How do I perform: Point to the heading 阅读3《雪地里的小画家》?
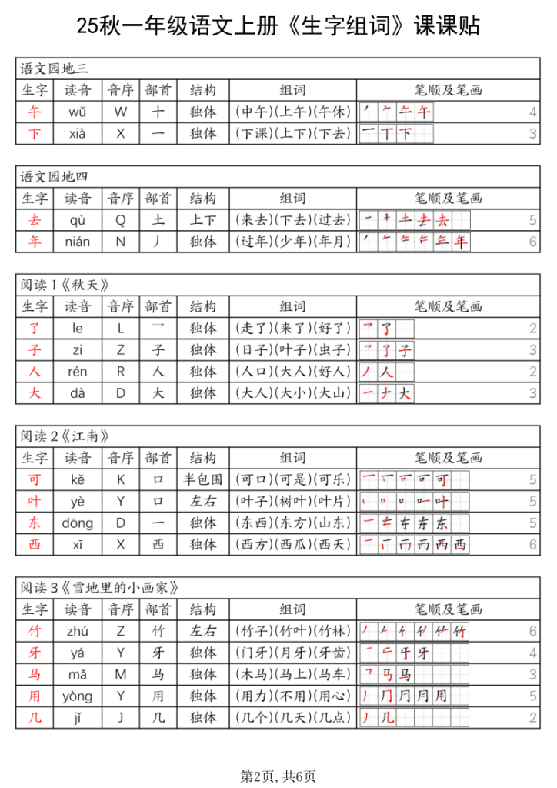[x=99, y=588]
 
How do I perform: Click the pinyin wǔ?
[x=77, y=112]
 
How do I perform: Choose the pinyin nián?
[x=77, y=242]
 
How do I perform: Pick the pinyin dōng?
[x=77, y=523]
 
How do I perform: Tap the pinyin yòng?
[x=77, y=696]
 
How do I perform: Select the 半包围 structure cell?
[x=203, y=480]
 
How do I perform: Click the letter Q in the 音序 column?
[x=121, y=220]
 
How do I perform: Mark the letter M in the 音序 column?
[x=121, y=675]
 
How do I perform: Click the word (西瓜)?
[x=293, y=545]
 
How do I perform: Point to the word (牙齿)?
[x=332, y=653]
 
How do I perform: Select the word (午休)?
[x=332, y=112]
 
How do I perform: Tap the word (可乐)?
[x=332, y=480]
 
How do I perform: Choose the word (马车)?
[x=332, y=675]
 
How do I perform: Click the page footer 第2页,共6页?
[x=278, y=776]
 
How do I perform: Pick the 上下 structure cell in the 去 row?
[x=203, y=220]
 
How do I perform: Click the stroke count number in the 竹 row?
[x=532, y=632]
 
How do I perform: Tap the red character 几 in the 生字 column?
[x=34, y=718]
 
